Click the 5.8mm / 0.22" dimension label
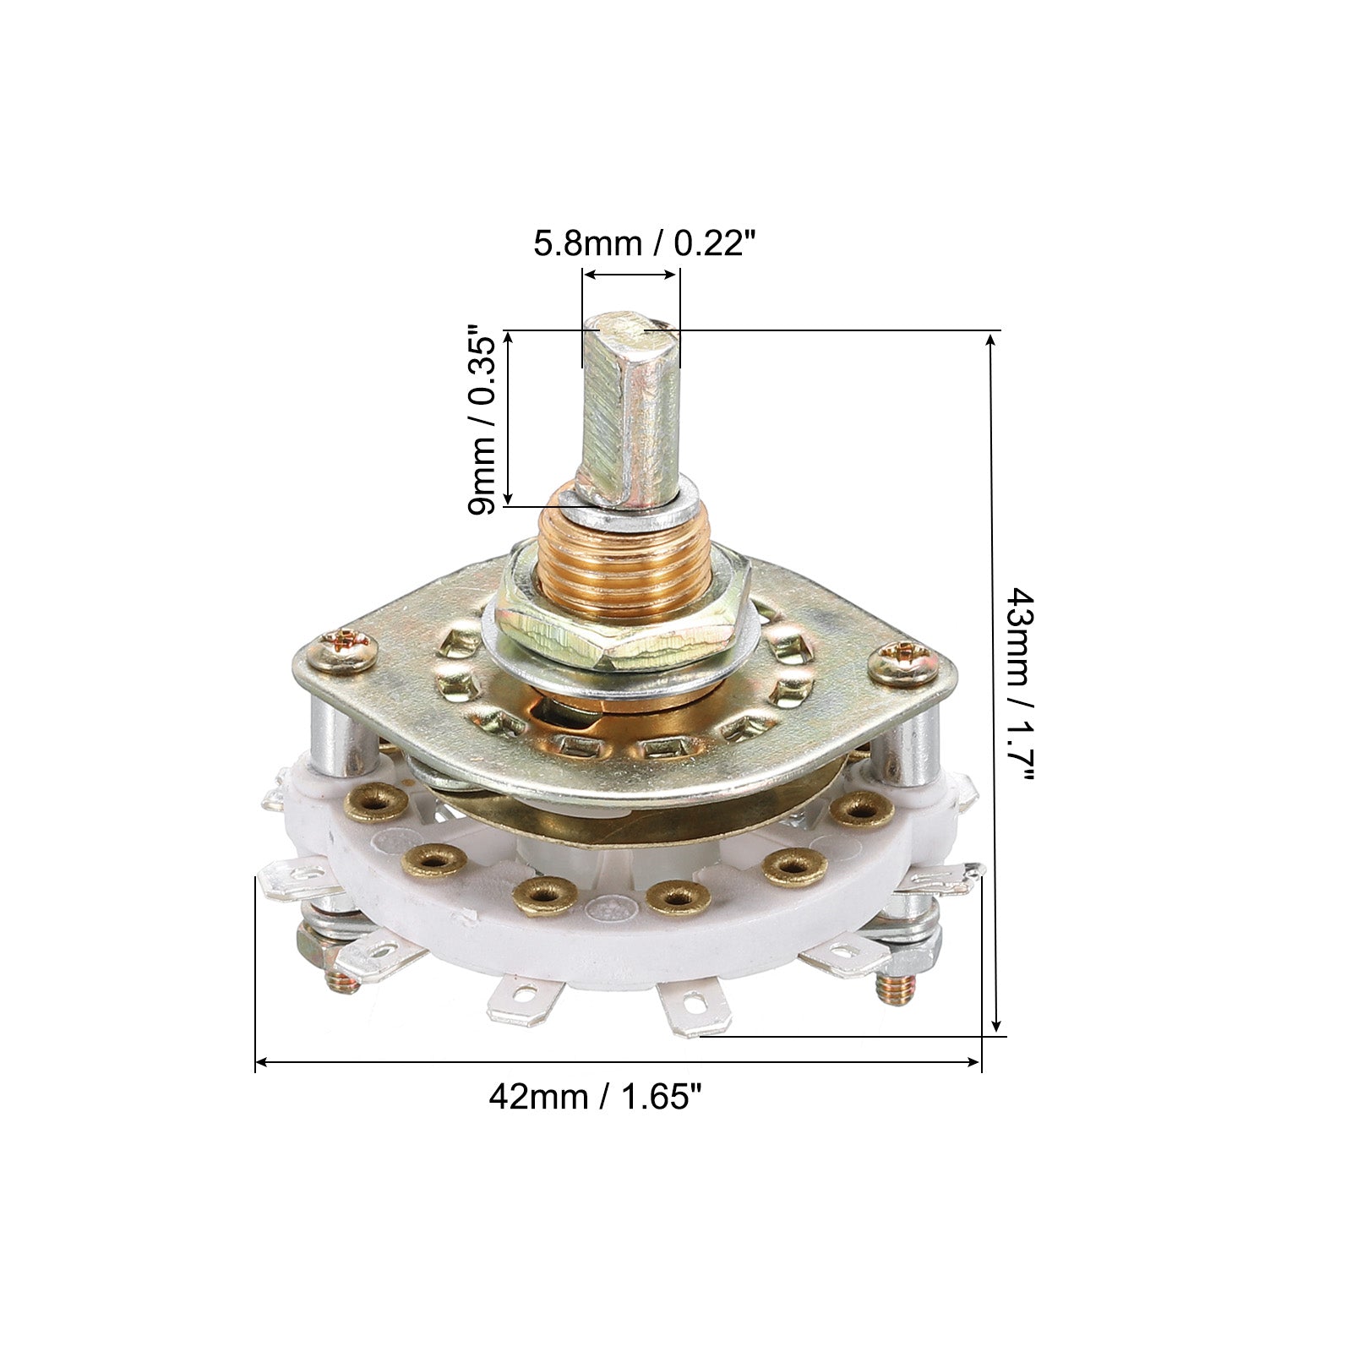(x=643, y=245)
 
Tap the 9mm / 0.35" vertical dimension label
(x=485, y=422)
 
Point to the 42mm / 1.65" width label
(x=597, y=1097)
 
